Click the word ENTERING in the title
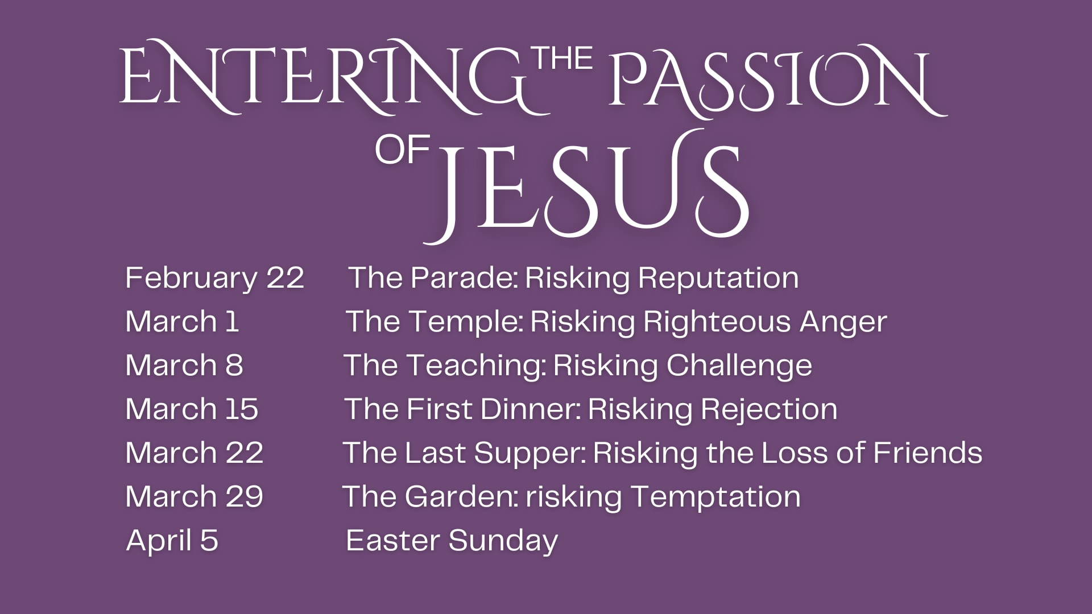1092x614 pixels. coord(327,77)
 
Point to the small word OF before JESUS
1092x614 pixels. coord(402,151)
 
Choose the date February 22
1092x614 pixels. coord(214,278)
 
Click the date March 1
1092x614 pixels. coord(182,321)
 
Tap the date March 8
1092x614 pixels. coord(184,365)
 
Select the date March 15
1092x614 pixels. coord(192,409)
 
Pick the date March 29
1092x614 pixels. coord(195,496)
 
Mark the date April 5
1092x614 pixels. coord(172,540)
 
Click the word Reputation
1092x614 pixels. coord(718,278)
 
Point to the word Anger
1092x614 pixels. coord(843,322)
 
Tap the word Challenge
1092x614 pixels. coord(739,366)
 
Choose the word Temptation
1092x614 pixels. coord(716,497)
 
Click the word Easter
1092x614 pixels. coord(394,540)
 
